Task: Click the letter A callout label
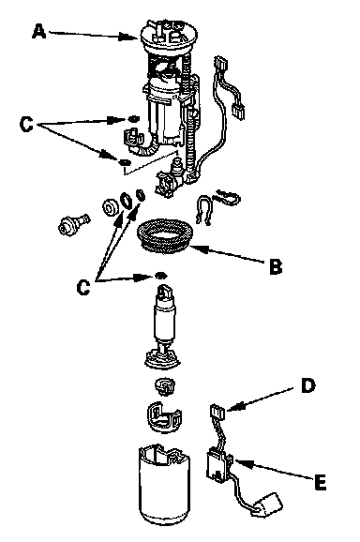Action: [38, 32]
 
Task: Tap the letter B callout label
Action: [276, 266]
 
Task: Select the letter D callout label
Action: [307, 385]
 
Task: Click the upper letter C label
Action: [26, 124]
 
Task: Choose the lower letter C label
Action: [83, 287]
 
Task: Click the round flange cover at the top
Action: [170, 37]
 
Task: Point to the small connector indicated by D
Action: [217, 412]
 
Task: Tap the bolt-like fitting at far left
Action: [73, 223]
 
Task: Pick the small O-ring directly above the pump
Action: [160, 276]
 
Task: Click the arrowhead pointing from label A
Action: [128, 37]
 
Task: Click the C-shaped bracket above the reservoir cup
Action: [164, 415]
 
